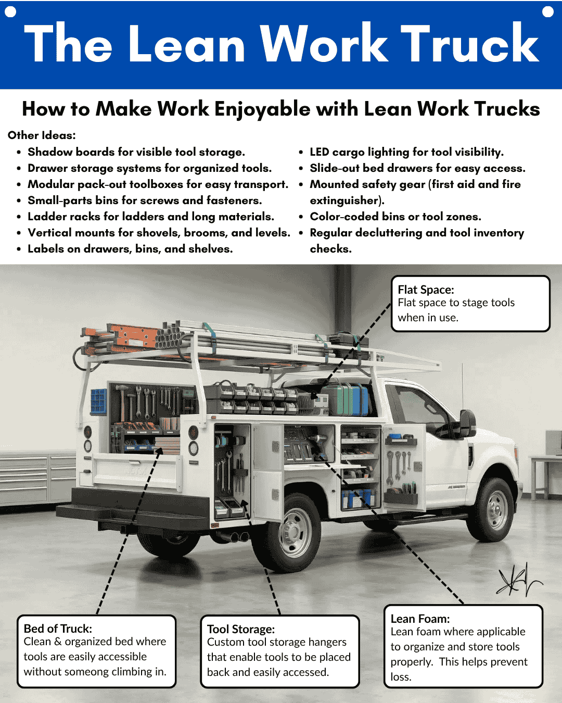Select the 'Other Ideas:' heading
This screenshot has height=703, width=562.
point(42,135)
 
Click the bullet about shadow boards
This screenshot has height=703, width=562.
point(136,152)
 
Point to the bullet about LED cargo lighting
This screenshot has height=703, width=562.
point(406,152)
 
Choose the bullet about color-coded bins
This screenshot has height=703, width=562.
point(395,217)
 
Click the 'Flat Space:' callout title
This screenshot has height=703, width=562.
point(426,290)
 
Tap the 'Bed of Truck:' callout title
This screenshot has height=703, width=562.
point(58,629)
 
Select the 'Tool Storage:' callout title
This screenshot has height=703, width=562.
point(241,629)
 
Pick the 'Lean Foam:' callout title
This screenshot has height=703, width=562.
point(420,619)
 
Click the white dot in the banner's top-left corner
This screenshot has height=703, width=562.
point(10,11)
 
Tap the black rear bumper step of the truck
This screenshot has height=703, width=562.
point(130,513)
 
